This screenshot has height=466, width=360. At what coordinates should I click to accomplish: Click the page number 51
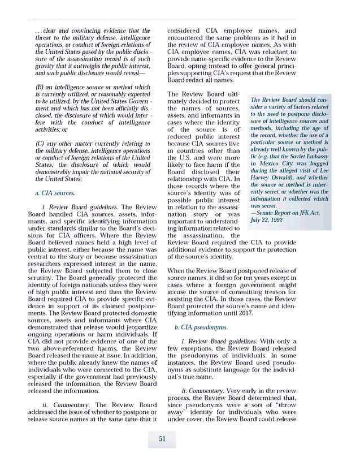click(162, 439)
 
